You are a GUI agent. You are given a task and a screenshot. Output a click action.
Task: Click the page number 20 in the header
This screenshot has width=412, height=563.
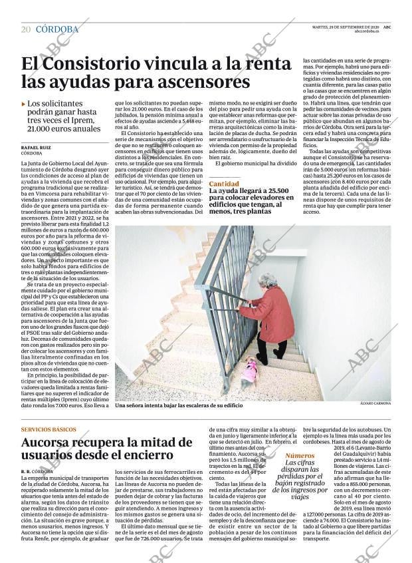pos(26,29)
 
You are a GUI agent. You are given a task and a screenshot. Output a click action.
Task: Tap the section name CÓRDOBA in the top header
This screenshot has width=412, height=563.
pos(56,29)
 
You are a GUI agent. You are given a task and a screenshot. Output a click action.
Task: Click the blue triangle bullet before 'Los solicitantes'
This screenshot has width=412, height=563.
pos(24,104)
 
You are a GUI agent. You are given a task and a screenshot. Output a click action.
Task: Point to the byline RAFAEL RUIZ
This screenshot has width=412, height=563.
pos(37,147)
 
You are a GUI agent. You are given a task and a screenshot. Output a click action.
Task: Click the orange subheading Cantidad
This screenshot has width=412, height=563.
pos(224,183)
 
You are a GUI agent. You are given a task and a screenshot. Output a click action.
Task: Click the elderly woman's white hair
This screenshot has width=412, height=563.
pos(268,280)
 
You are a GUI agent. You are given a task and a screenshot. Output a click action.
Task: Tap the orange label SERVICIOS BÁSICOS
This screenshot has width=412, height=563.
pos(49,429)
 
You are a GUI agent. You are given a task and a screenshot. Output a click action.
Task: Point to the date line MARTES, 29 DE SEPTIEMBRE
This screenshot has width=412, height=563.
pos(336,27)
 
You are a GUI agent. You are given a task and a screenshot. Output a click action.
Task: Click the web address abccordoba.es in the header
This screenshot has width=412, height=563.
pos(366,31)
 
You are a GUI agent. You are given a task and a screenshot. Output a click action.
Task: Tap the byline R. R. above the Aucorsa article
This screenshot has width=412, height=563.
pos(26,471)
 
